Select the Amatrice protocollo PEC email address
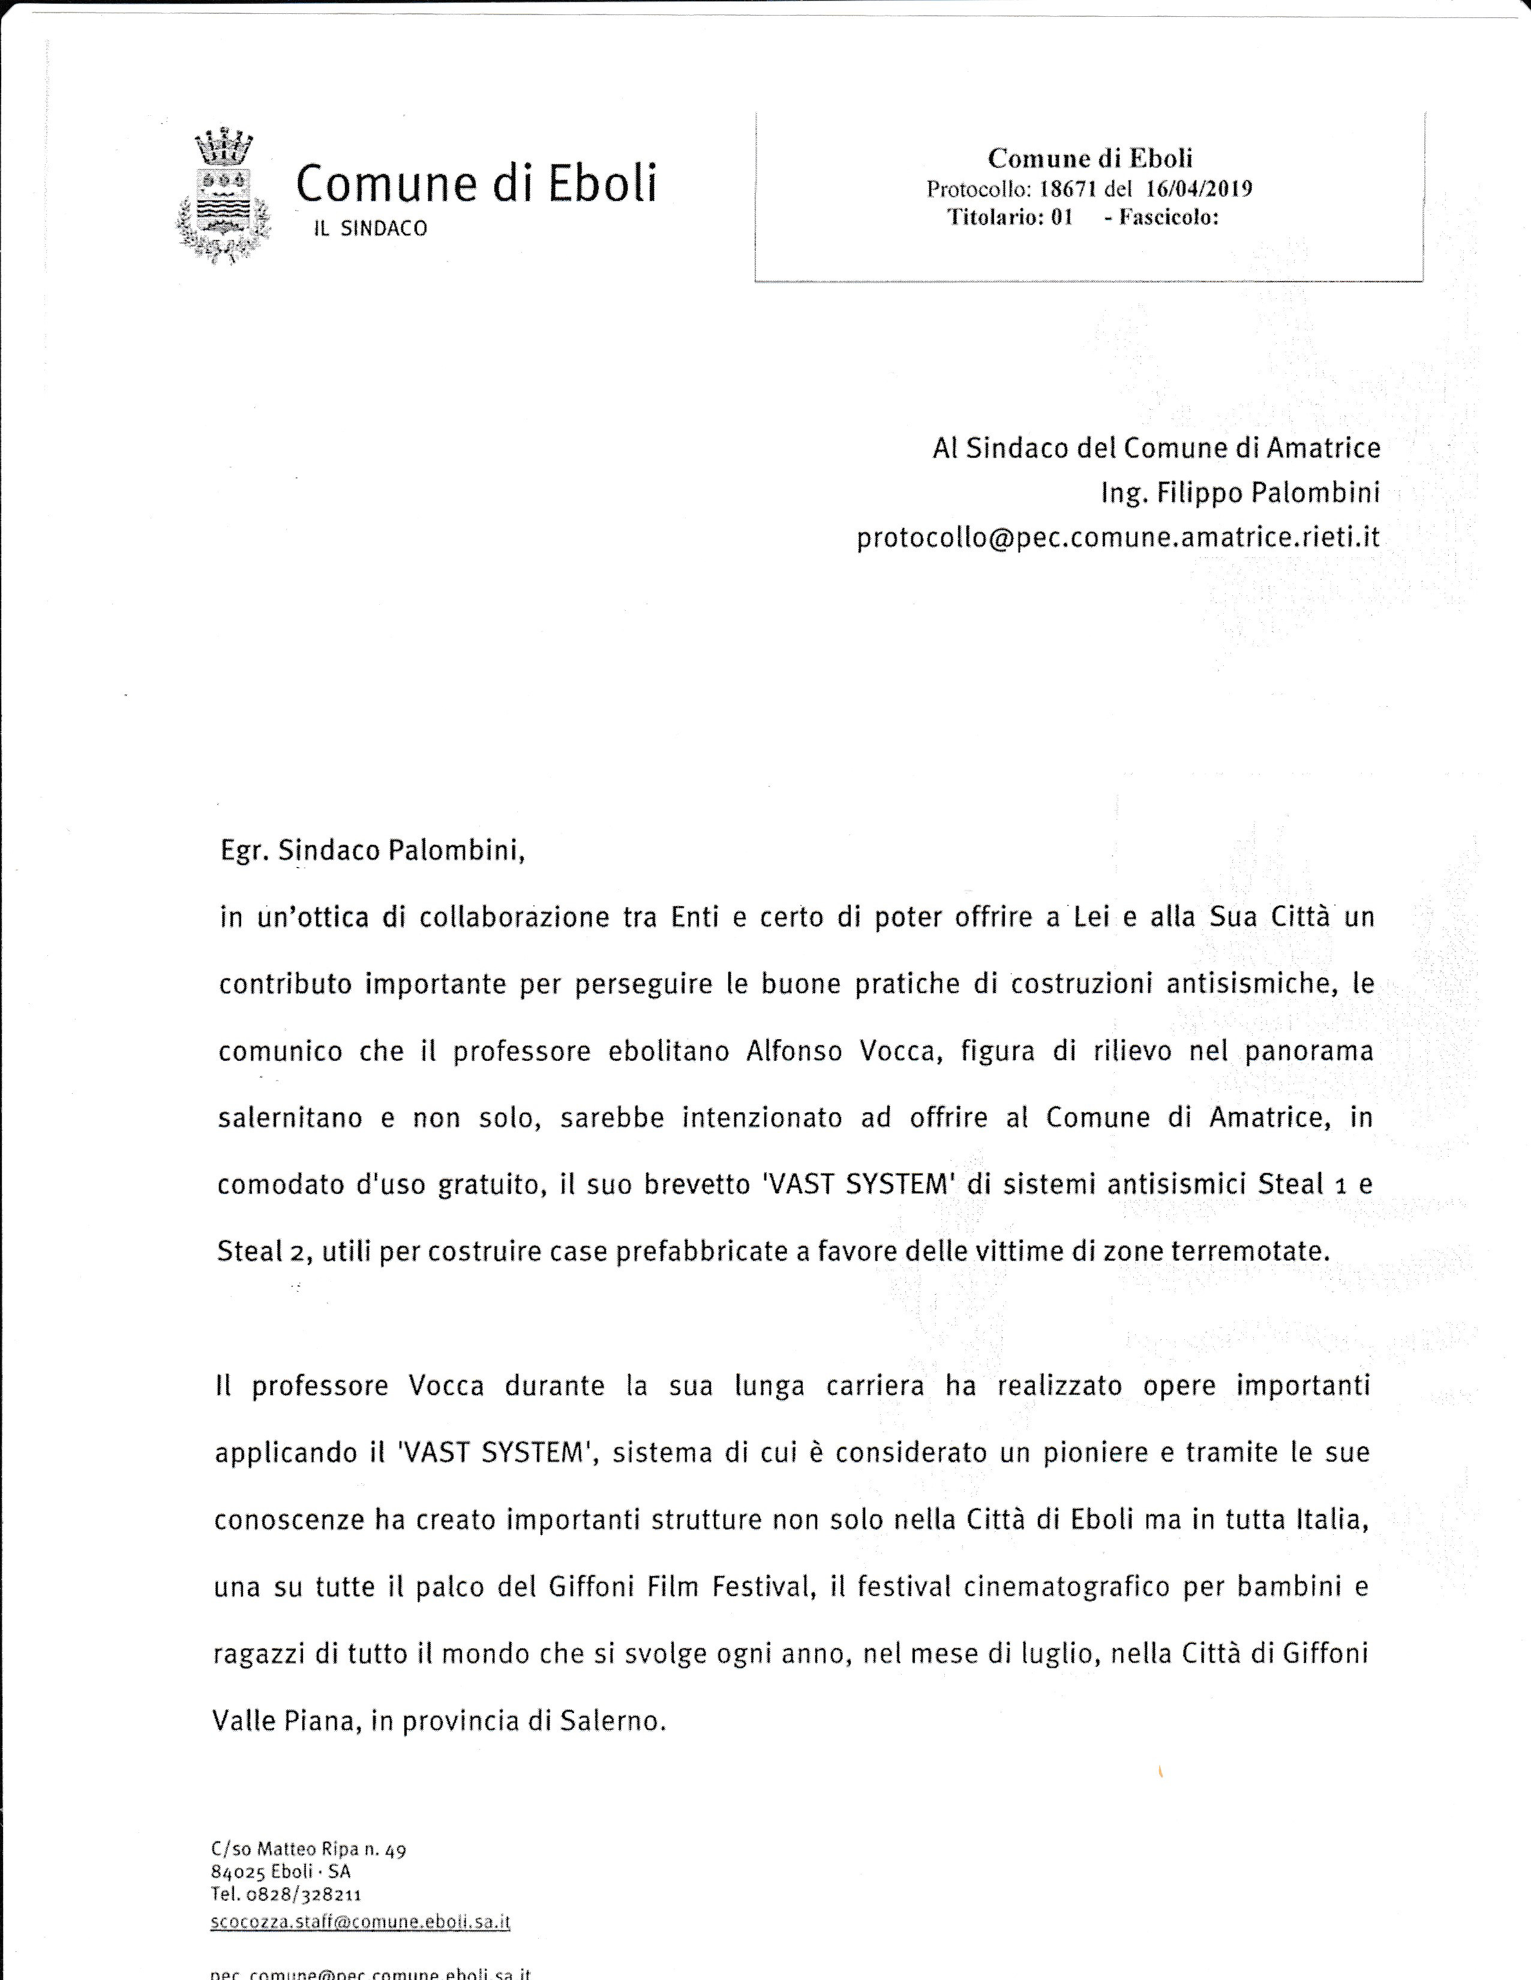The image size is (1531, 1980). [1118, 538]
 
